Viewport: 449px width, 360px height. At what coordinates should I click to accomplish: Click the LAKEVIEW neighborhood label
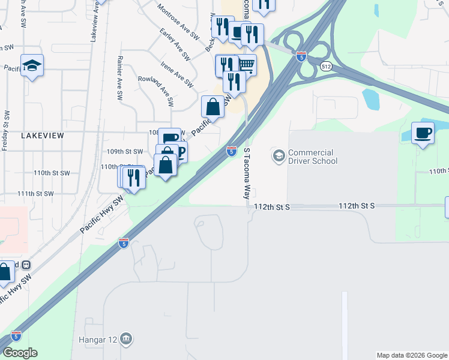(x=42, y=136)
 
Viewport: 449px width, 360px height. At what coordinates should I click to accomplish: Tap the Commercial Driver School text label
(x=313, y=157)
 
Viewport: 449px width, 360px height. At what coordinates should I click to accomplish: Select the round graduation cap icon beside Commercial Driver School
(x=279, y=156)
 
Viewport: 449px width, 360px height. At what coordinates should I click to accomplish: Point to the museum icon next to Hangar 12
(x=125, y=340)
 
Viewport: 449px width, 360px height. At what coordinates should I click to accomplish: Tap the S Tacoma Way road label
(x=246, y=175)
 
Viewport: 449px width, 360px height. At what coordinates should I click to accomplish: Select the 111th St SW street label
(x=36, y=194)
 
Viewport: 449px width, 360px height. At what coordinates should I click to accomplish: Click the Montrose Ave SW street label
(x=178, y=22)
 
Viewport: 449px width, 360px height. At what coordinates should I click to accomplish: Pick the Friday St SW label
(x=7, y=130)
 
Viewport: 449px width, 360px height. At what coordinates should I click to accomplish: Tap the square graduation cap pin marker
(x=32, y=65)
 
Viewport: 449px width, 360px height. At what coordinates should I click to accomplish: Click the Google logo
(x=20, y=353)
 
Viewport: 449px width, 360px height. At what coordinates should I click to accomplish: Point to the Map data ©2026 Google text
(x=411, y=355)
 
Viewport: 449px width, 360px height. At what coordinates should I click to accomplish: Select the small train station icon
(x=26, y=265)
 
